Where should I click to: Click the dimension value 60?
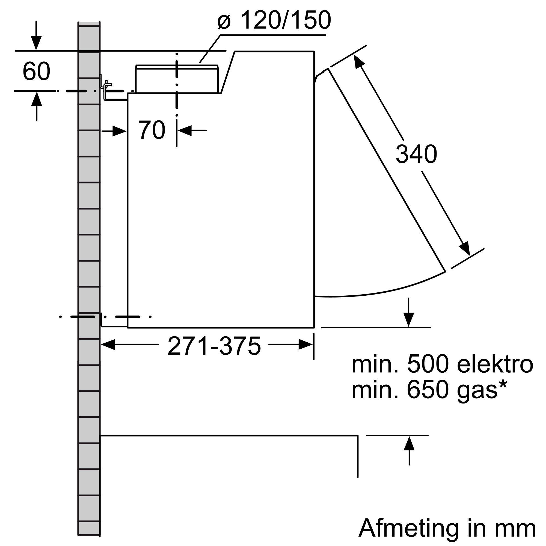pyautogui.click(x=37, y=72)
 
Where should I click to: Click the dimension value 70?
pyautogui.click(x=152, y=130)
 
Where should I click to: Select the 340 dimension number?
pyautogui.click(x=416, y=155)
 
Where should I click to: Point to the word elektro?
pyautogui.click(x=495, y=365)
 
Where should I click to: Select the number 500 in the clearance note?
pyautogui.click(x=428, y=365)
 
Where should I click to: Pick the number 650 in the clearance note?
pyautogui.click(x=428, y=390)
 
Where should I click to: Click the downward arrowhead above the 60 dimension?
pyautogui.click(x=36, y=44)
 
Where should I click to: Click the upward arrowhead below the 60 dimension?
pyautogui.click(x=37, y=99)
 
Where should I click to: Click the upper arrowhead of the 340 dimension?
pyautogui.click(x=358, y=61)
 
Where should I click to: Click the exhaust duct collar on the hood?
pyautogui.click(x=177, y=79)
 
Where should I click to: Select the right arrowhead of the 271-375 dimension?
pyautogui.click(x=306, y=345)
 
